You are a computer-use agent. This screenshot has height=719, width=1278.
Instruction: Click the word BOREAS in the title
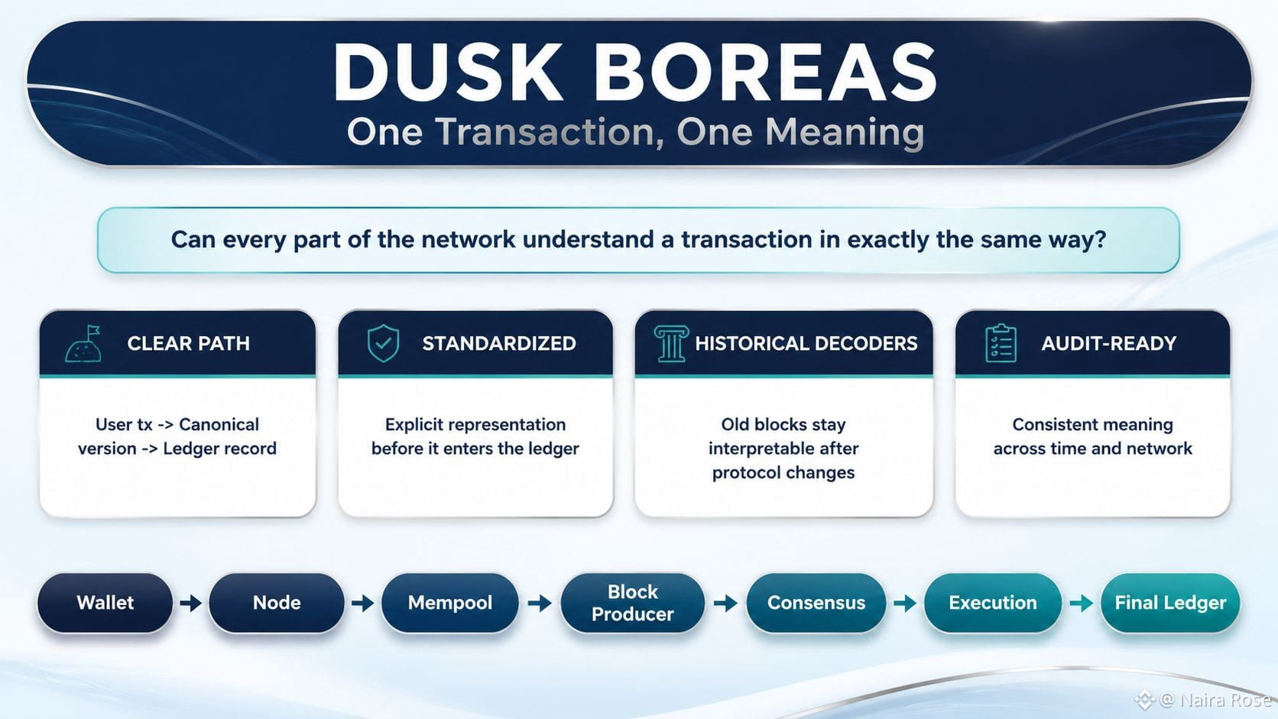tap(765, 73)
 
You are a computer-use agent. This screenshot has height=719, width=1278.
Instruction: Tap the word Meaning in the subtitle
tap(845, 133)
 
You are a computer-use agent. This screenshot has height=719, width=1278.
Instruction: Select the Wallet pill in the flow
tap(105, 603)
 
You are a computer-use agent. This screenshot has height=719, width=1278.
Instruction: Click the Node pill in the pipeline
tap(277, 603)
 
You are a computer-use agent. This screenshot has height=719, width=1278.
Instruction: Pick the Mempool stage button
tap(450, 603)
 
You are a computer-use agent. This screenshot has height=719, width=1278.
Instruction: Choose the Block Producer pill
tap(632, 603)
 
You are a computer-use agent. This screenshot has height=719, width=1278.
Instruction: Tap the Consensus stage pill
tap(816, 603)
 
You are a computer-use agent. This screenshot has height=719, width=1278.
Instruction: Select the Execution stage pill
tap(993, 603)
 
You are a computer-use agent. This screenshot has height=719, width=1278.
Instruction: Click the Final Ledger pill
tap(1170, 603)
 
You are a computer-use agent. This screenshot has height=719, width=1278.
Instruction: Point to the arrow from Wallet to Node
tap(190, 603)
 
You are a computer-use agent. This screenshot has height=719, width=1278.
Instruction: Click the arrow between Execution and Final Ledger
tap(1081, 603)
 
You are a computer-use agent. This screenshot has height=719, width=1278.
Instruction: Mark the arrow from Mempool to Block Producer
tap(539, 603)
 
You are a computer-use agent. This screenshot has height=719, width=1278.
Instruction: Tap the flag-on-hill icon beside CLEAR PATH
tap(84, 344)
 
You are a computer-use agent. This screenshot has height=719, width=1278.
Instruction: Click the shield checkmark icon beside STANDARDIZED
tap(384, 343)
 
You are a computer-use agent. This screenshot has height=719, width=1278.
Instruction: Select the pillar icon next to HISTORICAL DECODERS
tap(671, 343)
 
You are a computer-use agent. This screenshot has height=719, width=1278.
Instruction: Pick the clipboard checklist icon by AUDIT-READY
tap(1001, 343)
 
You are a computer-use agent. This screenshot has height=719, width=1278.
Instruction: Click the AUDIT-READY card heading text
tap(1108, 343)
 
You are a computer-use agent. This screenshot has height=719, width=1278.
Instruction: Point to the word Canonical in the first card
tap(219, 424)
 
